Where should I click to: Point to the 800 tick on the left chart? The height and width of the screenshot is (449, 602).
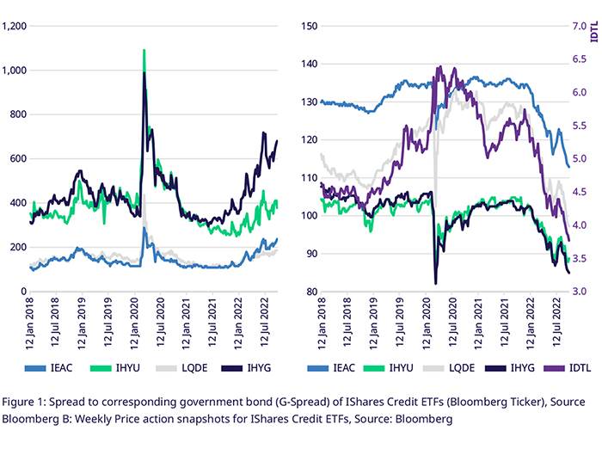[x=18, y=114]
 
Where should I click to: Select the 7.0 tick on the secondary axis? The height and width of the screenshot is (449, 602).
[x=578, y=27]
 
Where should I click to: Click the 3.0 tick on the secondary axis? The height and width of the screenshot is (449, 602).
[x=578, y=292]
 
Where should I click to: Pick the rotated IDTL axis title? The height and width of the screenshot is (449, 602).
[x=594, y=35]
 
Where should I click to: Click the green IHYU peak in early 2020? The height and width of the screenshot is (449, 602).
[x=144, y=51]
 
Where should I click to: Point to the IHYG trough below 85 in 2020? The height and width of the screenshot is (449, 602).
[x=436, y=282]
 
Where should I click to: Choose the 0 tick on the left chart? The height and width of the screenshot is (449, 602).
[x=24, y=292]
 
